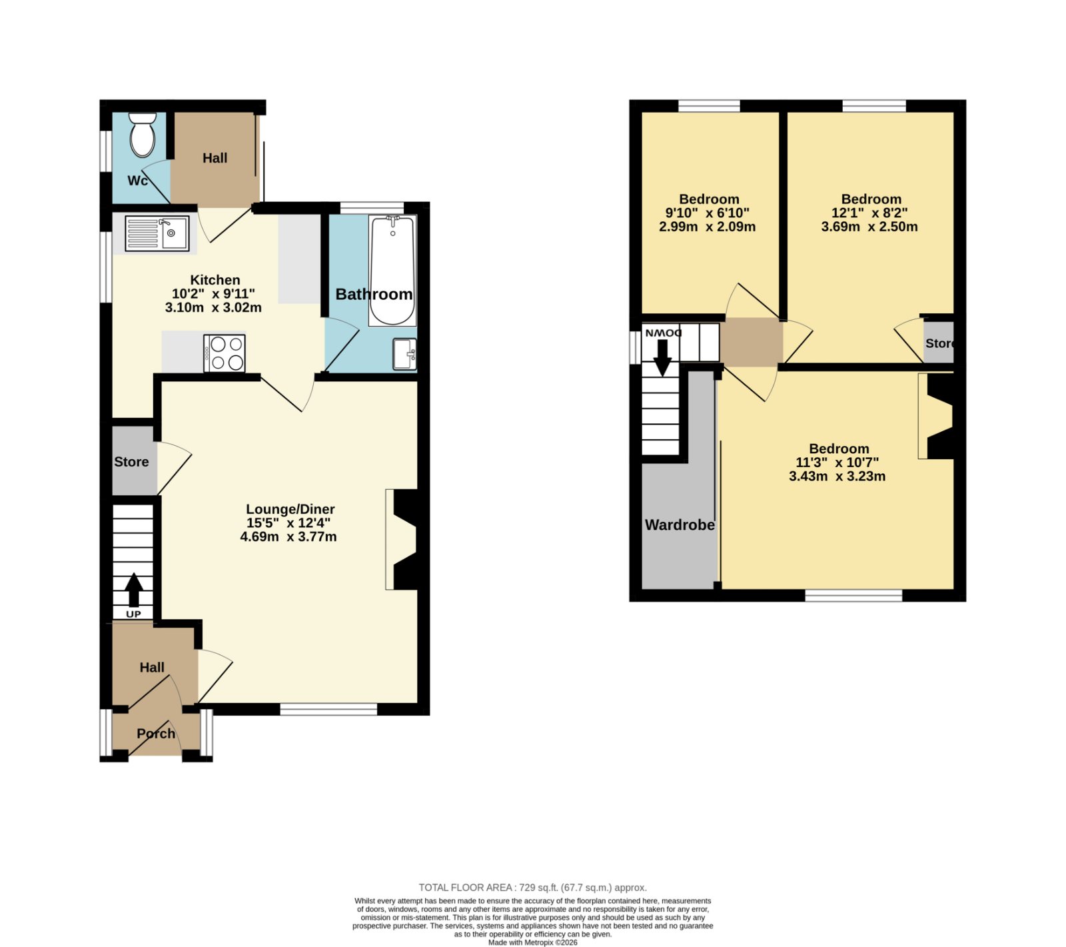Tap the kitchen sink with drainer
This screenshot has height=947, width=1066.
coord(157,233)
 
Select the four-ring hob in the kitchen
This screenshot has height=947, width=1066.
coord(225,353)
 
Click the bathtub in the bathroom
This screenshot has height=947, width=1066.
coord(392,270)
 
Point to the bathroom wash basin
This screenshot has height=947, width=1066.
coord(404,354)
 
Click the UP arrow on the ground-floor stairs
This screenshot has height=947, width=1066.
coord(134,590)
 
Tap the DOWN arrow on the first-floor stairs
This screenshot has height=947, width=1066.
coord(662,358)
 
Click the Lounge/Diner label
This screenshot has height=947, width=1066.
coord(290,509)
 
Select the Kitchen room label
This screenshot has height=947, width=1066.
coord(215,280)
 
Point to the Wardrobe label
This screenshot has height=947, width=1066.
coord(680,524)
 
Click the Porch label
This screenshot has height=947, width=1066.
coord(156,733)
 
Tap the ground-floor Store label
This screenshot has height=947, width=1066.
coord(131,462)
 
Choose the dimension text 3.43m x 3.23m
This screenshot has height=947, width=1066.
coord(837,476)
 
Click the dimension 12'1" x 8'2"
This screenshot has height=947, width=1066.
coord(869,213)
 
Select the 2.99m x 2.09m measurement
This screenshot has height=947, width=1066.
coord(708,227)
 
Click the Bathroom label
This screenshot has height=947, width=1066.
coord(374,294)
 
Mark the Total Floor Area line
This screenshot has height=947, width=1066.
coord(533,888)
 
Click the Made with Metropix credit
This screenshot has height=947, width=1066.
coord(533,942)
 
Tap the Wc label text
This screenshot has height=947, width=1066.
coord(138,181)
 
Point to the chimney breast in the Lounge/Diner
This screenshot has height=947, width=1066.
coord(406,540)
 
